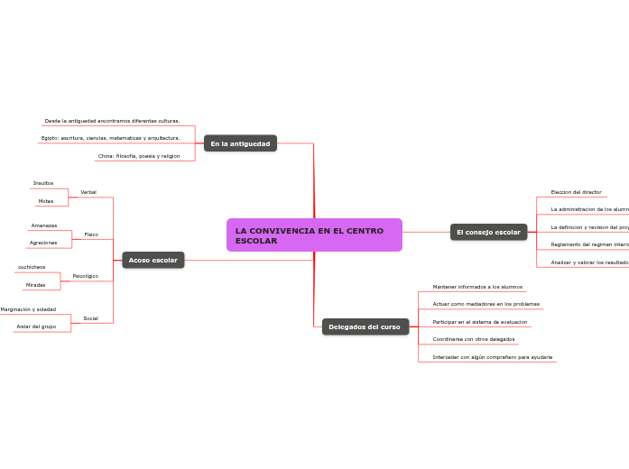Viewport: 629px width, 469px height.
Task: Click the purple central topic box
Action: click(314, 234)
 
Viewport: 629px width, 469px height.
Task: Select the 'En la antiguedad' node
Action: click(240, 143)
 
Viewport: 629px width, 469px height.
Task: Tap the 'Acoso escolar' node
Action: click(153, 260)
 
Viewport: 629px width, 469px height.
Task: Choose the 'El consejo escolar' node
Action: click(488, 232)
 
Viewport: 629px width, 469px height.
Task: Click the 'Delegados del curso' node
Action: click(365, 326)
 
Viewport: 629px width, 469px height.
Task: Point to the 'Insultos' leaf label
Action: click(43, 183)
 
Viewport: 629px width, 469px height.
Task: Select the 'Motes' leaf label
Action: click(45, 201)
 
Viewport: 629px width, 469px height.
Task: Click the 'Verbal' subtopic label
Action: click(88, 192)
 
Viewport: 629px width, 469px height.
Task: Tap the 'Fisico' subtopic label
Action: click(91, 234)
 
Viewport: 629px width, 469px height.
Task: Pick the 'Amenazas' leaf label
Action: click(44, 225)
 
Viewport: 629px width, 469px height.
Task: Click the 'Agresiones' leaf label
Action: click(43, 243)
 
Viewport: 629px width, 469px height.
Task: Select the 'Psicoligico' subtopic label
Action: click(86, 276)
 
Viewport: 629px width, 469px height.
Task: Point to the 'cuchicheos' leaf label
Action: click(32, 267)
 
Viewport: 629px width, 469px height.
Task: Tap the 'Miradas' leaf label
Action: click(35, 285)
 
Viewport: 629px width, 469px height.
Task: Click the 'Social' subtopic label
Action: click(90, 318)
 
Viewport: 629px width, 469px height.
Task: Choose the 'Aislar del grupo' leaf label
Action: click(36, 326)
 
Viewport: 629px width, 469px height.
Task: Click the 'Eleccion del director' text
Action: click(576, 192)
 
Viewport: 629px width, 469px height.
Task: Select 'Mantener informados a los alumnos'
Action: click(477, 287)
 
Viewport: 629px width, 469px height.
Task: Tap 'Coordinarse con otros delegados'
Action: click(474, 339)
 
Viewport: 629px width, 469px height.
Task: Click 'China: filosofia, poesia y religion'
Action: click(139, 156)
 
